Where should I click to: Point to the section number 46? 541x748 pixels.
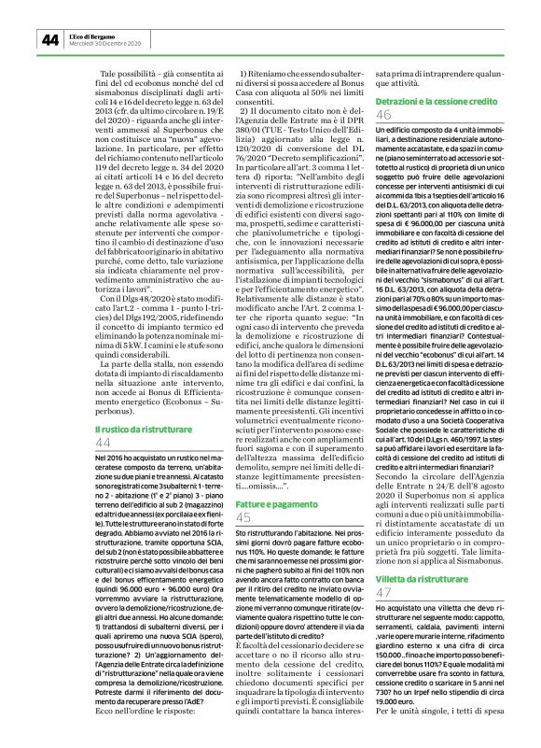(383, 114)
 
